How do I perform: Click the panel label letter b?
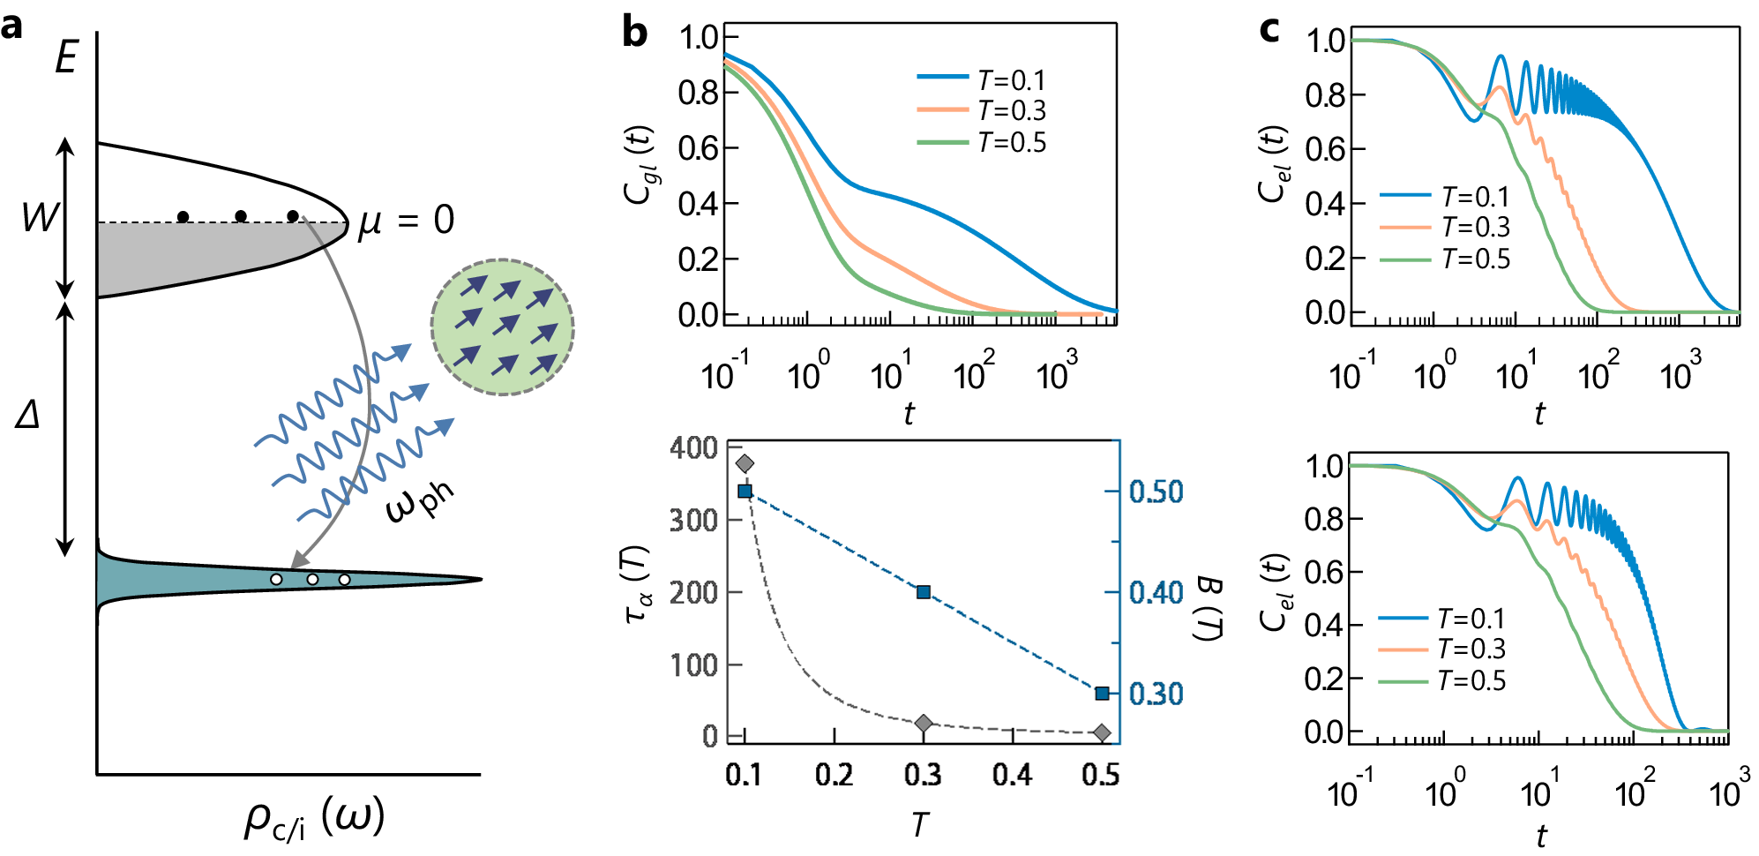pos(634,34)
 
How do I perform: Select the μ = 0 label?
pos(406,221)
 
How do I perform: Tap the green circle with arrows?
pos(502,327)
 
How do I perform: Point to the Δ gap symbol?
pos(28,414)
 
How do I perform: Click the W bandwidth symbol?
pos(39,217)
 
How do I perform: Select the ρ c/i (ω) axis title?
pos(313,818)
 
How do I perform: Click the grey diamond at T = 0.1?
pos(745,463)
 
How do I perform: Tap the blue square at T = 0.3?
pos(924,592)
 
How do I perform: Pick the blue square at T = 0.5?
pos(1102,694)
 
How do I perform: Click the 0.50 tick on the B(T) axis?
pos(1156,492)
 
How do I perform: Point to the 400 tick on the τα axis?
pos(693,448)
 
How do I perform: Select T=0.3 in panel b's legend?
pos(1011,111)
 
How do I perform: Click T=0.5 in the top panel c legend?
pos(1476,259)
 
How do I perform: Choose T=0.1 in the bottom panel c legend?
pos(1471,619)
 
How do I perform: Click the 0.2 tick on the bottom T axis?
pos(834,776)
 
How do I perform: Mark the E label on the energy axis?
pos(65,58)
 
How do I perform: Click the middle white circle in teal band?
pos(312,580)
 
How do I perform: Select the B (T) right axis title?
pos(1209,608)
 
